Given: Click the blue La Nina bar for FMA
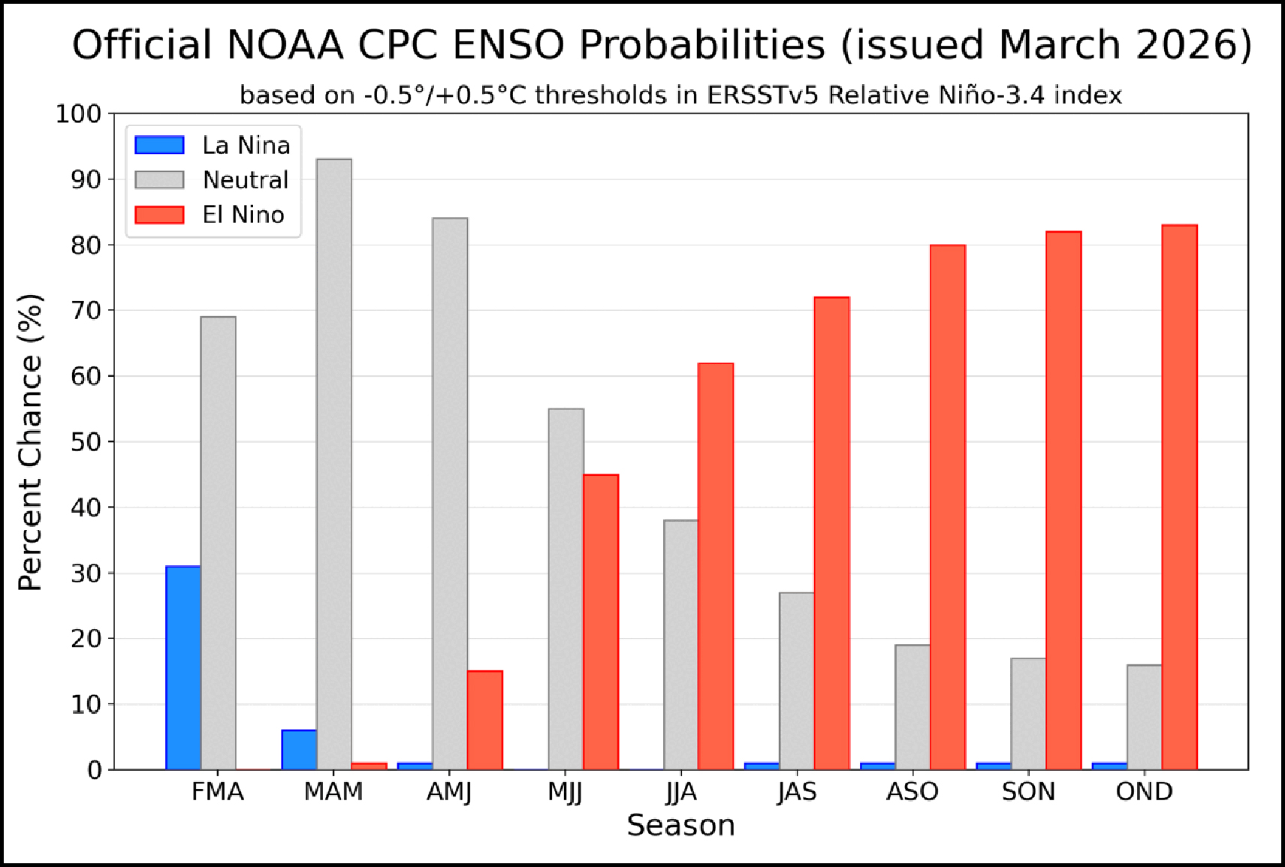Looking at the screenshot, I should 183,667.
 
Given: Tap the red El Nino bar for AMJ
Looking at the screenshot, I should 485,720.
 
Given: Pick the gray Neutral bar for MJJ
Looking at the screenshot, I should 566,589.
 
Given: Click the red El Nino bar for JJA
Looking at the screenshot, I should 716,566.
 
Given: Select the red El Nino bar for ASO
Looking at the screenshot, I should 948,507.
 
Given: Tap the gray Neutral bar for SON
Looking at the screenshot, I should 1029,713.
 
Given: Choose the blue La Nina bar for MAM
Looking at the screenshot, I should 299,749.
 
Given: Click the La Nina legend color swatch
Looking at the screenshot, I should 159,145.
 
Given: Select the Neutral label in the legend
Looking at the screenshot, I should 246,180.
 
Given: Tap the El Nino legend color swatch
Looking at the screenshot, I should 159,215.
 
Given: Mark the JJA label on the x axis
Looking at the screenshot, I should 681,792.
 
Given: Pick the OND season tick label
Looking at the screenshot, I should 1145,792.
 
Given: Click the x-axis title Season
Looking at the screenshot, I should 680,826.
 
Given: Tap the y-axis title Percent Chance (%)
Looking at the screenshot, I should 30,442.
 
